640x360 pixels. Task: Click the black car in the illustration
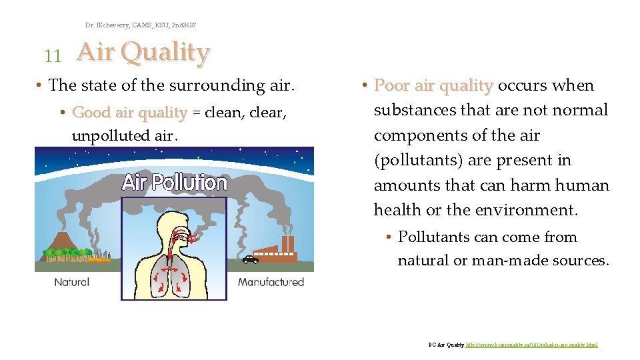click(249, 259)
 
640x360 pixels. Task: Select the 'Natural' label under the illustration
click(71, 282)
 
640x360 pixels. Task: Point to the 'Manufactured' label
click(271, 282)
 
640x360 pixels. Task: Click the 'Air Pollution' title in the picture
click(175, 182)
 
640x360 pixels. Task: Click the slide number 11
click(52, 56)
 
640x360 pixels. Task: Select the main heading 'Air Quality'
click(143, 52)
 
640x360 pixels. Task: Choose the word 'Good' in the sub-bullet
click(92, 113)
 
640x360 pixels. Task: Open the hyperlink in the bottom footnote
click(531, 345)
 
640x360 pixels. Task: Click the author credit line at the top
click(141, 25)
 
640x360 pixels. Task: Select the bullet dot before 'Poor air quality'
click(365, 86)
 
